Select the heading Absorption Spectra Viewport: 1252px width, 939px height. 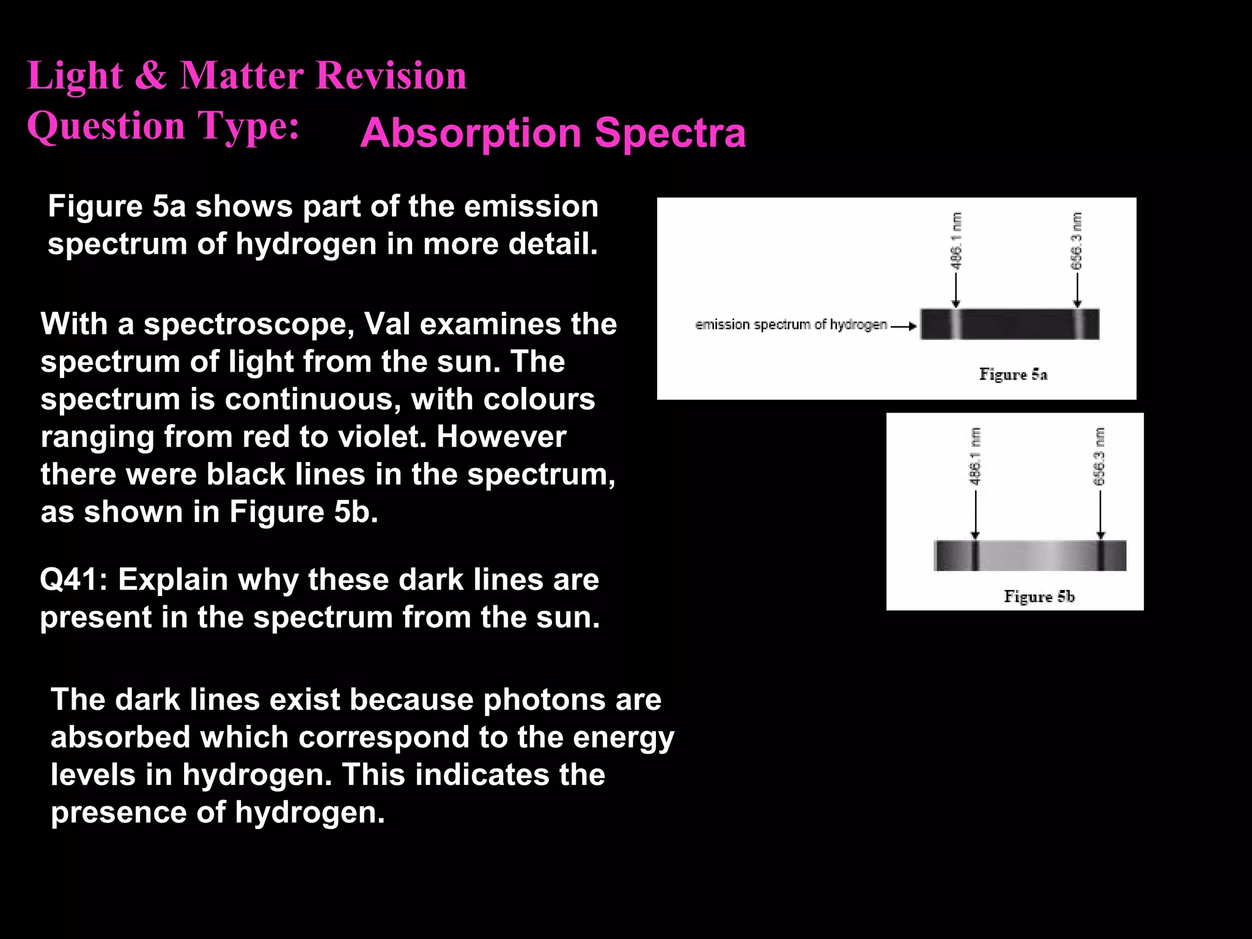tap(553, 133)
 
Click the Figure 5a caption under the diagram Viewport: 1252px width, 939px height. tap(1013, 374)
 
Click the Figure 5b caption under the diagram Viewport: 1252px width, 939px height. tap(1039, 596)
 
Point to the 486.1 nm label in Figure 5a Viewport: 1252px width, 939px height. tap(956, 240)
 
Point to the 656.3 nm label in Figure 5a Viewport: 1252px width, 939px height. tap(1077, 240)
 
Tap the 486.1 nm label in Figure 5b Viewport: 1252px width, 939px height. tap(975, 456)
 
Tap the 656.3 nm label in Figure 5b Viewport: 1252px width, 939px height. tap(1100, 456)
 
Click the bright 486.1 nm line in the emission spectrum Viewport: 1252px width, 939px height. tap(956, 324)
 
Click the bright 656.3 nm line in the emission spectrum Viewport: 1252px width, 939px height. tap(1079, 324)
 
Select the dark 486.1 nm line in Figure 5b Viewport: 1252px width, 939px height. tap(975, 555)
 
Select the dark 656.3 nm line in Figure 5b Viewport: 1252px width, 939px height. tap(1100, 555)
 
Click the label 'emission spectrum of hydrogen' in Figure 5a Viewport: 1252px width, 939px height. tap(790, 325)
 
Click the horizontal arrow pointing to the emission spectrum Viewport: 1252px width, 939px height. tap(904, 326)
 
